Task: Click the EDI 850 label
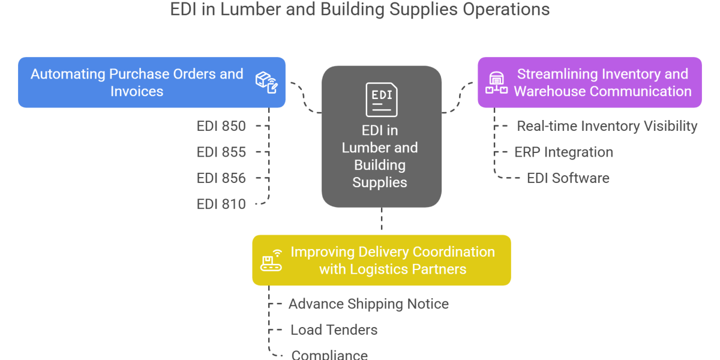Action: coord(221,126)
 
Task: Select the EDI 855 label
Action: coord(221,152)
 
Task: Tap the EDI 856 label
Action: coord(221,178)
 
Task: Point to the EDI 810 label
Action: coord(221,205)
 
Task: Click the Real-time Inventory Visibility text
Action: coord(607,126)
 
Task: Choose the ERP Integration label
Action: coord(563,152)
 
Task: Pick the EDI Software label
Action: coord(568,178)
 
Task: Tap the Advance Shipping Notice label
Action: coord(368,304)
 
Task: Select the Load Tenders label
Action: coord(334,330)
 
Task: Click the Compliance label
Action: coord(329,354)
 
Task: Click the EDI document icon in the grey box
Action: coord(381,100)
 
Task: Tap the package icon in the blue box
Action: coord(266,82)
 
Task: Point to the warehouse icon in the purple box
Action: coord(496,83)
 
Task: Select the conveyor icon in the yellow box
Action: coord(271,260)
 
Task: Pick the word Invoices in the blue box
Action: coord(137,91)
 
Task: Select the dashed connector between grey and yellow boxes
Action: coord(382,221)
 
